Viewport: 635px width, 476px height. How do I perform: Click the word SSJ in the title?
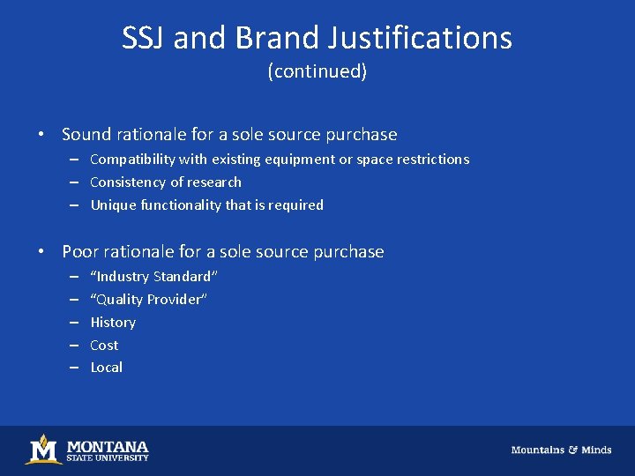144,38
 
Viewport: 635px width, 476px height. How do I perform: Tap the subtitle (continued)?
317,72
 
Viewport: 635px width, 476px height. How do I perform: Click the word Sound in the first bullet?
86,135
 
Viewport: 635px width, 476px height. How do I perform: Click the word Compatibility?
132,160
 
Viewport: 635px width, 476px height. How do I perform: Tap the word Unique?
111,205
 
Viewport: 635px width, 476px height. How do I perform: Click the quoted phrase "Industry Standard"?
153,277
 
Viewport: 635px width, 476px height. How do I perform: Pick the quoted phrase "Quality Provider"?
148,300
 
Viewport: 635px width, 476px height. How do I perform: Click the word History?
113,323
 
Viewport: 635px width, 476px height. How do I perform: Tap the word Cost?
104,346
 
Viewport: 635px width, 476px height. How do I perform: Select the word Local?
107,368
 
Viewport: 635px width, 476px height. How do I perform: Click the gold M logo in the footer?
43,450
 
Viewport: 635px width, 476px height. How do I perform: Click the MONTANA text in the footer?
108,446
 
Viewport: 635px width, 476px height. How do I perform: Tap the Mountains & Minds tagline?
561,450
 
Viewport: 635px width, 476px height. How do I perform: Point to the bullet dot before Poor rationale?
41,252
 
